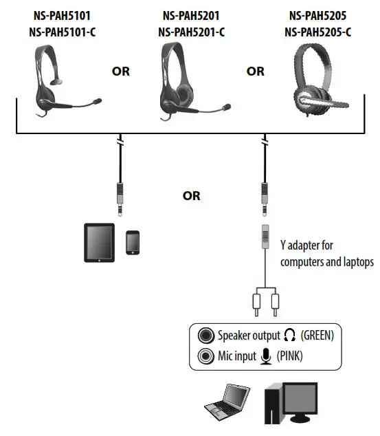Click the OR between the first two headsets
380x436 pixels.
[x=122, y=71]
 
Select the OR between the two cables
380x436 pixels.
[x=191, y=196]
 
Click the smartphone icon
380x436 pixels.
[x=133, y=243]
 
